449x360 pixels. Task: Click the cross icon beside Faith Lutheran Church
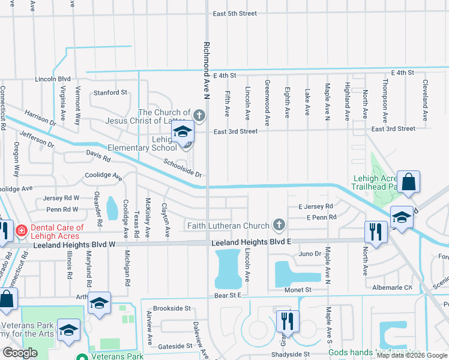coord(278,225)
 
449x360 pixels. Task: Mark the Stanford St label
coord(110,93)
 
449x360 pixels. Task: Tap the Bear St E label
coord(227,295)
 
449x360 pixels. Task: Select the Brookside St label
coord(172,308)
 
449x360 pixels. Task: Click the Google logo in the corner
coord(20,353)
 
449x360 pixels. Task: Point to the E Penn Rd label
coord(321,217)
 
